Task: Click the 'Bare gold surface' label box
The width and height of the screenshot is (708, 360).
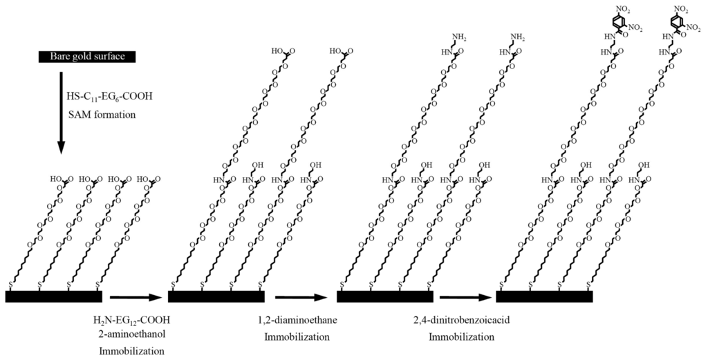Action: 87,56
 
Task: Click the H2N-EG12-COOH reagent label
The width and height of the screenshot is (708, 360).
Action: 131,320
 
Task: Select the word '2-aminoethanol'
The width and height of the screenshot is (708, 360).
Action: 131,334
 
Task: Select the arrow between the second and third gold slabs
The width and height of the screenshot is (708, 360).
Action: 300,298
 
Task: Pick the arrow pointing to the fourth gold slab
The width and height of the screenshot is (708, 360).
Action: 464,298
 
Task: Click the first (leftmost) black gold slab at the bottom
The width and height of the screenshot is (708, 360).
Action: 54,296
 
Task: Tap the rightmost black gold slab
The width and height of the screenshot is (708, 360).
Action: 545,296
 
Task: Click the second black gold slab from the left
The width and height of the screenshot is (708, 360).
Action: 216,296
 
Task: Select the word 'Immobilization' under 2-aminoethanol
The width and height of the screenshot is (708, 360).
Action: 131,350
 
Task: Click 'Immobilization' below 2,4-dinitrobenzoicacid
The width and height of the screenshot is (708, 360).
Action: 462,337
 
